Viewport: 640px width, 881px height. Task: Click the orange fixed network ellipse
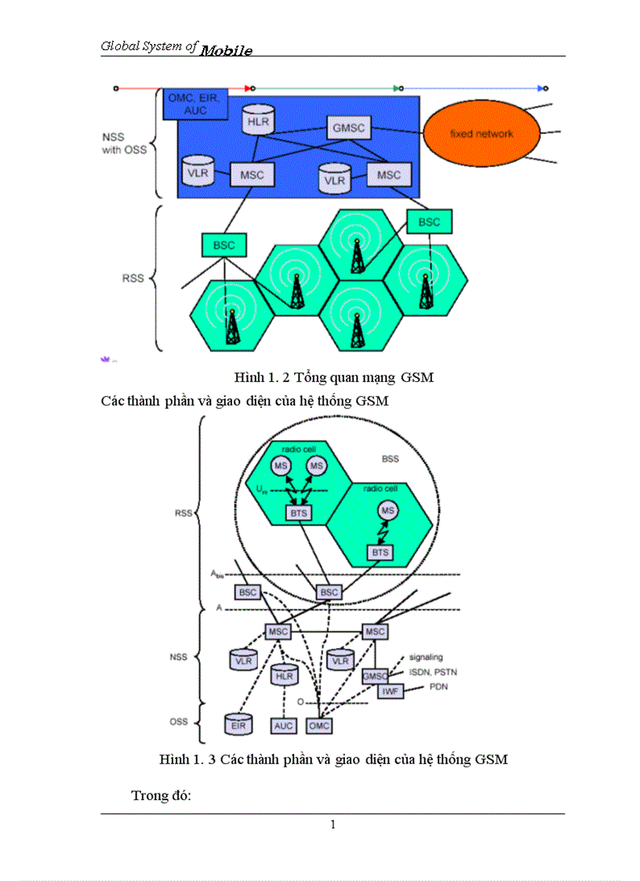pos(481,133)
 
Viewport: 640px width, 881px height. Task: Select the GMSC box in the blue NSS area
pos(349,128)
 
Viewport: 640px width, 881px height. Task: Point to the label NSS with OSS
pos(124,144)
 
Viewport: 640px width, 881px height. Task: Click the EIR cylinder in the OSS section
pos(238,724)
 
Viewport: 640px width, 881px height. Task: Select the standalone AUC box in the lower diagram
pos(283,726)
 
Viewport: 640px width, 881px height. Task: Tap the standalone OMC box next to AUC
pos(318,726)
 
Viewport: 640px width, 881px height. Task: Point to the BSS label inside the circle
pos(390,459)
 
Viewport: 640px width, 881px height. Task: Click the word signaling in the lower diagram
pos(426,657)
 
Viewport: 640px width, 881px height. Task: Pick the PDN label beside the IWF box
pos(438,686)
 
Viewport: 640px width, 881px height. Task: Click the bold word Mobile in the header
pos(226,51)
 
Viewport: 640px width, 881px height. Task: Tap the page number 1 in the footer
pos(333,824)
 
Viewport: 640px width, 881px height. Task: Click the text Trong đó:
pos(162,795)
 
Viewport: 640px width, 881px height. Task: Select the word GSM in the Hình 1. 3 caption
pos(492,759)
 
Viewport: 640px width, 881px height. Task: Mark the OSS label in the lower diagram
pos(179,722)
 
